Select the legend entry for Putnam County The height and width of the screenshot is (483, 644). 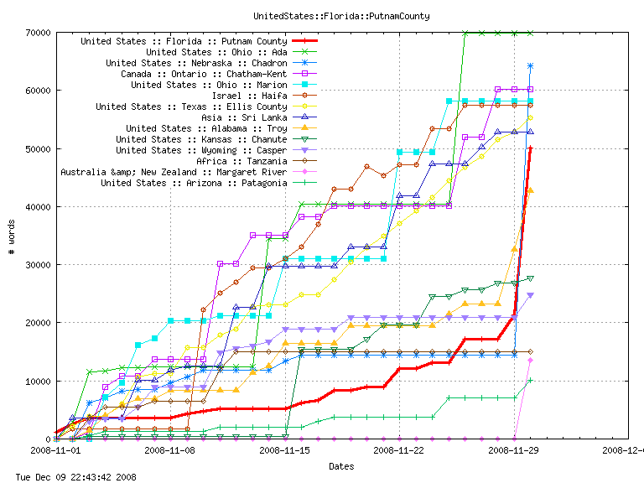coord(184,41)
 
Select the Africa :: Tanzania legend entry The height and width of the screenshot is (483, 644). coord(241,161)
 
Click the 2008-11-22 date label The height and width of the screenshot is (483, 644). coord(399,449)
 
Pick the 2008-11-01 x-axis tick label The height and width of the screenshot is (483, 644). coord(55,449)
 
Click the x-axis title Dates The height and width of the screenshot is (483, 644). coord(340,466)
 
